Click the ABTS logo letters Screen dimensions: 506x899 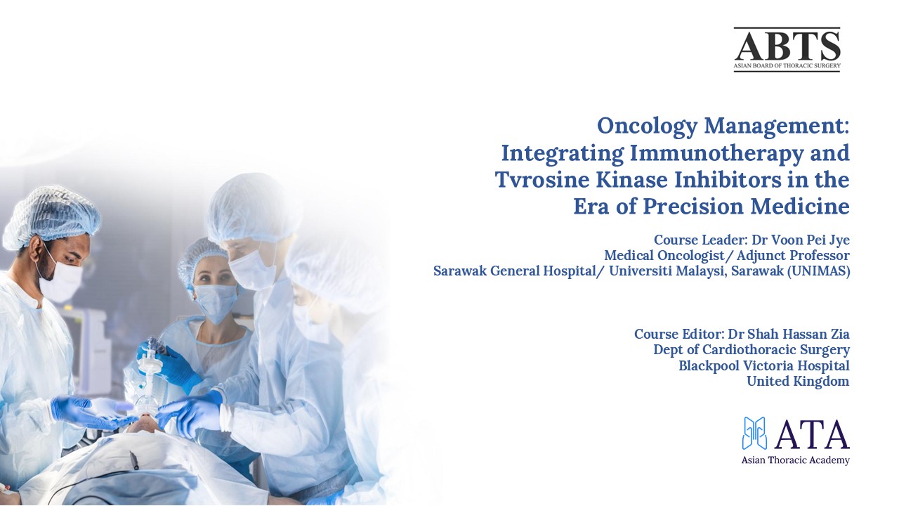point(787,46)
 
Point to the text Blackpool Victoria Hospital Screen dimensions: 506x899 point(763,366)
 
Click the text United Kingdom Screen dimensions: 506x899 point(797,382)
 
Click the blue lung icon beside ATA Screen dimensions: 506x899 point(754,433)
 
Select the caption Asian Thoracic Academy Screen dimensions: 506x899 point(795,460)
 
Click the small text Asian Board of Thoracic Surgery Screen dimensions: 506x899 point(787,66)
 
